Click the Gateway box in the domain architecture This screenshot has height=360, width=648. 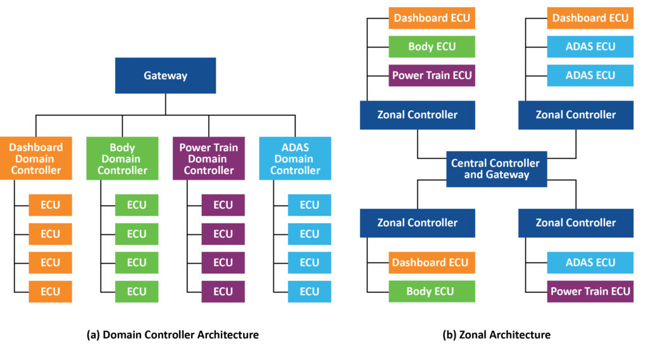click(165, 75)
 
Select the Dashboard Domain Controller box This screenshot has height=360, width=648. click(35, 159)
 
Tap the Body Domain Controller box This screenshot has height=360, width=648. click(122, 159)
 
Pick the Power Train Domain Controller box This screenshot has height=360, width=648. click(209, 159)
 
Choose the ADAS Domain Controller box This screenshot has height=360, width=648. click(295, 159)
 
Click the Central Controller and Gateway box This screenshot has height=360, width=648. click(496, 169)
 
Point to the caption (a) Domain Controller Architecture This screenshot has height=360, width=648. click(172, 335)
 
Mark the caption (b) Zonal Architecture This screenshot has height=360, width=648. click(496, 335)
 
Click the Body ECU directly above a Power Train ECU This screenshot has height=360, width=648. click(432, 47)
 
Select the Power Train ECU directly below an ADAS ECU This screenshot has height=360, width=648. click(590, 292)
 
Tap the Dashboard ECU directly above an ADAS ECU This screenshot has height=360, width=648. click(590, 18)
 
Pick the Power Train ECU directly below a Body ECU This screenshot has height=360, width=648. click(432, 75)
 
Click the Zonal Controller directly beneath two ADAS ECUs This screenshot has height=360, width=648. click(575, 115)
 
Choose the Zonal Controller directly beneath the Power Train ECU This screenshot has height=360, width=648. click(417, 115)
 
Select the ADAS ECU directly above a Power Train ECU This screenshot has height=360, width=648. click(590, 263)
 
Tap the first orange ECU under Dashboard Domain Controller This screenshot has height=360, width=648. click(50, 205)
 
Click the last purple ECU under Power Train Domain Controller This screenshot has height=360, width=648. click(223, 292)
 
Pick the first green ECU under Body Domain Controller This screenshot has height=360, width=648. click(136, 205)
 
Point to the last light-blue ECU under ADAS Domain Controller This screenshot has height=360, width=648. click(309, 292)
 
